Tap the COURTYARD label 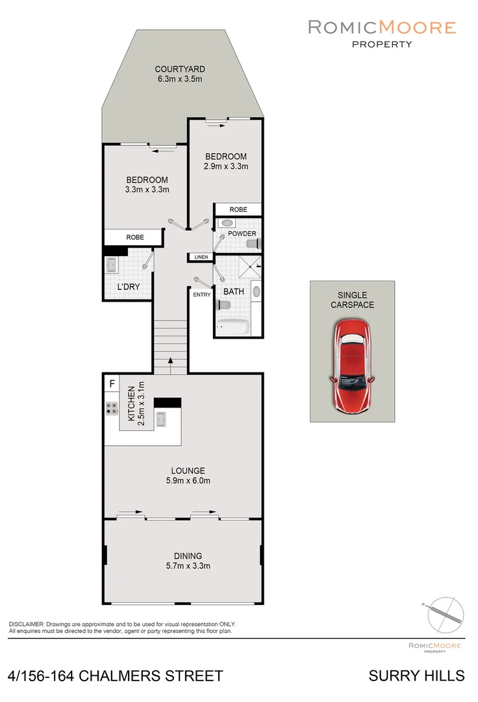click(x=180, y=69)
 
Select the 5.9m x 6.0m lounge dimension click(x=188, y=481)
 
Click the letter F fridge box click(x=112, y=384)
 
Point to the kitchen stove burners click(x=111, y=408)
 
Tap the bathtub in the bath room click(x=233, y=327)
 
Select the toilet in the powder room click(x=253, y=244)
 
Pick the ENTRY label click(x=202, y=295)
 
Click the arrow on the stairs click(x=170, y=364)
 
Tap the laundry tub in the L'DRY click(x=113, y=266)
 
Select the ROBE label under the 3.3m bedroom click(x=135, y=237)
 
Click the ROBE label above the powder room click(x=238, y=210)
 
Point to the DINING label click(x=188, y=556)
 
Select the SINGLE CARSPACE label click(x=351, y=300)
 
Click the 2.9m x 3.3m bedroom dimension click(x=226, y=166)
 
